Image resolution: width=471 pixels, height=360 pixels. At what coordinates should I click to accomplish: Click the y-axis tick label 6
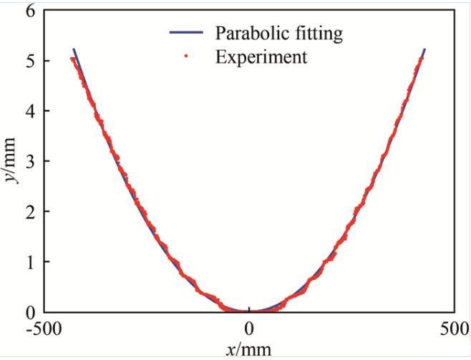click(29, 11)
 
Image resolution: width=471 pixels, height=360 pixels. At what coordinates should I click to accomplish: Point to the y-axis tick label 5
click(29, 61)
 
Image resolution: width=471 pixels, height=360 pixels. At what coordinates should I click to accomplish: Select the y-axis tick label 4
click(29, 111)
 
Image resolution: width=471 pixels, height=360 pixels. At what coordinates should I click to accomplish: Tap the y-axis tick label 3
click(29, 162)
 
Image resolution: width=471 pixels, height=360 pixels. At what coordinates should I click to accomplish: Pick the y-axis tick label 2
click(29, 212)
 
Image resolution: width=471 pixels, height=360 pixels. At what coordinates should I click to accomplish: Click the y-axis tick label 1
click(29, 262)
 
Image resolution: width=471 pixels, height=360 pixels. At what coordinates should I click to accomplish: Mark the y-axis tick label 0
click(29, 312)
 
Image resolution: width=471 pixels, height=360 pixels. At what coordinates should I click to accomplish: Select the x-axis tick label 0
click(249, 330)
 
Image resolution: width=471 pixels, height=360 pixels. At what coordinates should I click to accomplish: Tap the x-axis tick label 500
click(454, 330)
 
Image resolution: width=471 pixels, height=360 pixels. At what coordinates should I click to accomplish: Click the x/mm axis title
click(249, 349)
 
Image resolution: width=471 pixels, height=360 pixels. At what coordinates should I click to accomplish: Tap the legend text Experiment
click(261, 57)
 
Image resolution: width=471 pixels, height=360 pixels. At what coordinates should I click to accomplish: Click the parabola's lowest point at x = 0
click(249, 311)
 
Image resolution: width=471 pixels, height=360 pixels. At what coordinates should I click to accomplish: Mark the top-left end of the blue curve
click(74, 49)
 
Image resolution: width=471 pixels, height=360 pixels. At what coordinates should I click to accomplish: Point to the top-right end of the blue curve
click(424, 49)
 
